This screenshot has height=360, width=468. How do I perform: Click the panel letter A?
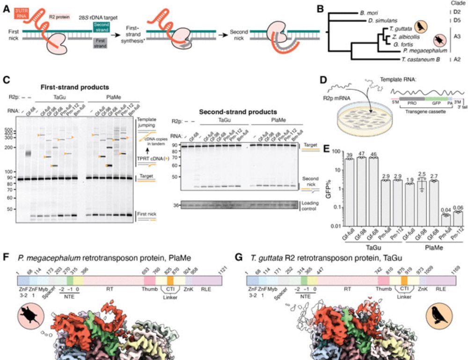point(6,7)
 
